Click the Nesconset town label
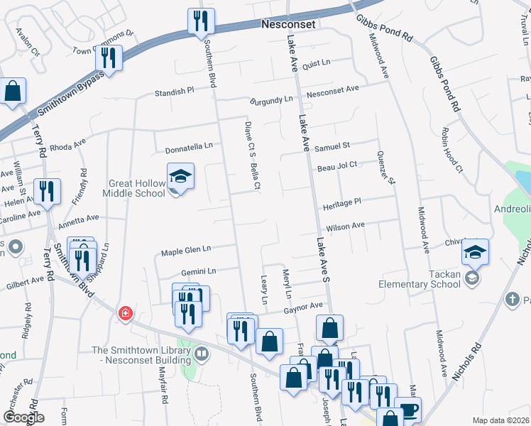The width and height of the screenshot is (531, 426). pos(288,23)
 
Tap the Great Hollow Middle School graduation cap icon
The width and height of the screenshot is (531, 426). pos(180,177)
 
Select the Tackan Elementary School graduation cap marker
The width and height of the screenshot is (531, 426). pos(475,253)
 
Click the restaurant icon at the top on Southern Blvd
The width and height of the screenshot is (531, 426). pos(201,21)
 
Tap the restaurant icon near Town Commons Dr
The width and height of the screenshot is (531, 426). pos(109,58)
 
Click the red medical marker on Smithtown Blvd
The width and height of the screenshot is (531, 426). pos(125,313)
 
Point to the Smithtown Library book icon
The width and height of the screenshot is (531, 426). pos(202,354)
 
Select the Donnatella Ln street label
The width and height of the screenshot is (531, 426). pos(189,146)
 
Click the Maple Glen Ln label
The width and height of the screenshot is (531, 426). pos(187,250)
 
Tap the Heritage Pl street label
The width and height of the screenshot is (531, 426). pos(342,202)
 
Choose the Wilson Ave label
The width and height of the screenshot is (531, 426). pos(345,226)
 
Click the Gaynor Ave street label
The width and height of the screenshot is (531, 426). pos(304,306)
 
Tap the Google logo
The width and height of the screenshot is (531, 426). pos(23,417)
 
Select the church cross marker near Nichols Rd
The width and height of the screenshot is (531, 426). pos(513,299)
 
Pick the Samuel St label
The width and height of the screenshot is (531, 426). pos(332,145)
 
